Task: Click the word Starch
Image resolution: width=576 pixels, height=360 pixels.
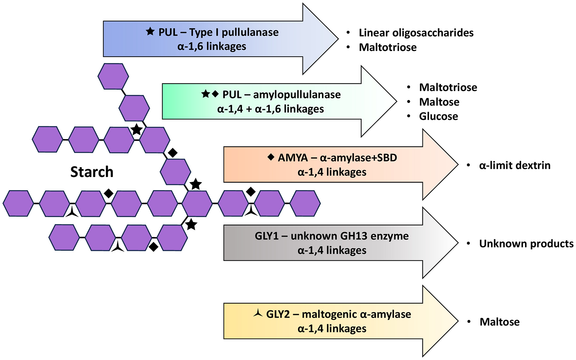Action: (92, 172)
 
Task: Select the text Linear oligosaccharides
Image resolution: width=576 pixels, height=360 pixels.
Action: (416, 33)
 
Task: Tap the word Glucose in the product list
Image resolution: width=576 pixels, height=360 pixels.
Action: (438, 116)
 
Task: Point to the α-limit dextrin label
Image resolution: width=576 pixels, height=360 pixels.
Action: (514, 165)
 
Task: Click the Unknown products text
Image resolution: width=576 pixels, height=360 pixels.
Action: (526, 244)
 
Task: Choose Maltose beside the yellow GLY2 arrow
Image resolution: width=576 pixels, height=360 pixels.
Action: (499, 322)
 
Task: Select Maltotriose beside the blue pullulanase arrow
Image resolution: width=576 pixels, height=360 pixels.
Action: (388, 47)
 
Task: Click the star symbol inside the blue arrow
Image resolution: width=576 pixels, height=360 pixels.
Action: (150, 31)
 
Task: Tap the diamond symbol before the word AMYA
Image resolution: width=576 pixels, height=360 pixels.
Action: (271, 157)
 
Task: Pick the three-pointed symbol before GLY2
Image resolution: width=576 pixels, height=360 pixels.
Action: (258, 313)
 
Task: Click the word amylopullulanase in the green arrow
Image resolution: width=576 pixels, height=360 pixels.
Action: (297, 94)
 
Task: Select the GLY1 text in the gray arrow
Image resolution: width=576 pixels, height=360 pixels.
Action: (266, 236)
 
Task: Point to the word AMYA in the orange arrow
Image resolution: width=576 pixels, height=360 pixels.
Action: (293, 157)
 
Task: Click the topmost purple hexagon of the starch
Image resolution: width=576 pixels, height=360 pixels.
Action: (113, 76)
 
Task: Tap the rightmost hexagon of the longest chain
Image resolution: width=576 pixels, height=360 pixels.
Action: (305, 203)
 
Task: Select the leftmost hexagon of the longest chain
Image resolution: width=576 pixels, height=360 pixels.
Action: (18, 203)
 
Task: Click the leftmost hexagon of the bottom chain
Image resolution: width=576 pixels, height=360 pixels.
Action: (64, 237)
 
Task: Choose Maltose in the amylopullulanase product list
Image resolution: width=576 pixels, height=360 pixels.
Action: (439, 102)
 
